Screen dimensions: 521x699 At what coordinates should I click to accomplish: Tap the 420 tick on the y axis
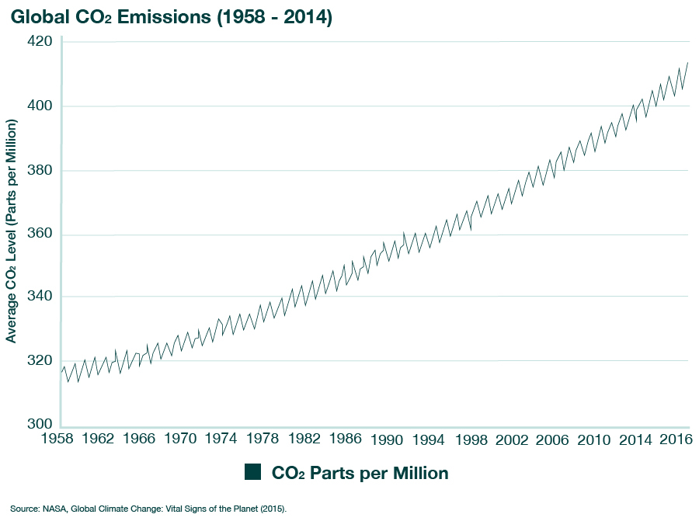click(x=39, y=41)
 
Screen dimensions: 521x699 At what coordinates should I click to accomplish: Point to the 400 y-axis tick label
click(x=39, y=106)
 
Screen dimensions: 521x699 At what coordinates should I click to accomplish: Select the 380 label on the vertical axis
click(x=39, y=171)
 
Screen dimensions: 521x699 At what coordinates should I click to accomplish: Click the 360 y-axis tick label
click(x=39, y=234)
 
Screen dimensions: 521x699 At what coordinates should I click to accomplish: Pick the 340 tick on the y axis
click(x=39, y=297)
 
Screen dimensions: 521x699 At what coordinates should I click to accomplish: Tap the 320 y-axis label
click(x=39, y=361)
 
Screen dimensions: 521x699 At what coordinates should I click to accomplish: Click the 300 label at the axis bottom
click(x=39, y=425)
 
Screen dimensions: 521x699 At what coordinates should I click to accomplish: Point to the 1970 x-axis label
click(x=180, y=439)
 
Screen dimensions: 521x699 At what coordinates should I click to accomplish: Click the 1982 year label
click(x=304, y=439)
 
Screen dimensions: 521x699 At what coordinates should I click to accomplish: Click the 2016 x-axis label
click(x=671, y=439)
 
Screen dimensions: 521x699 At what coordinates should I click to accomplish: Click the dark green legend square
click(x=252, y=472)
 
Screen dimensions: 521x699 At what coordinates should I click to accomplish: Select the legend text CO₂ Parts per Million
click(x=360, y=472)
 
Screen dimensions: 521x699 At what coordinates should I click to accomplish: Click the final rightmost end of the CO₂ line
click(x=688, y=62)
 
